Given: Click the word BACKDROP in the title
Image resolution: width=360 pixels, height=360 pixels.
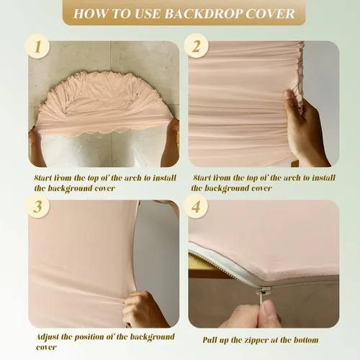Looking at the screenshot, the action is coord(203,14).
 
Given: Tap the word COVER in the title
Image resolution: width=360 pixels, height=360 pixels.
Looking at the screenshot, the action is coord(270,14).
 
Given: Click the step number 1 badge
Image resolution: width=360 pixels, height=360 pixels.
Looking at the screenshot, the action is coord(37,46).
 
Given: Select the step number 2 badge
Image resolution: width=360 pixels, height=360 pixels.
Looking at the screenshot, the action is coord(196,45).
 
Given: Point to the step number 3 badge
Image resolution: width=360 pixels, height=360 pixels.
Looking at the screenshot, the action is coord(37,206).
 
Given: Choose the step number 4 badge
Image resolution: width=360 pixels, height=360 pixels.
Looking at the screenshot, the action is coord(196,206).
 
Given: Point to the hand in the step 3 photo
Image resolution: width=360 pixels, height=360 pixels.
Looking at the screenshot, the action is coord(144,310).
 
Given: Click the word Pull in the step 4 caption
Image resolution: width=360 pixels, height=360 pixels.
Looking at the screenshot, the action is coord(210,341).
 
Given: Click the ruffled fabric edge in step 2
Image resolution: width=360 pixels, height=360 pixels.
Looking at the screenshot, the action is coord(299,70).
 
